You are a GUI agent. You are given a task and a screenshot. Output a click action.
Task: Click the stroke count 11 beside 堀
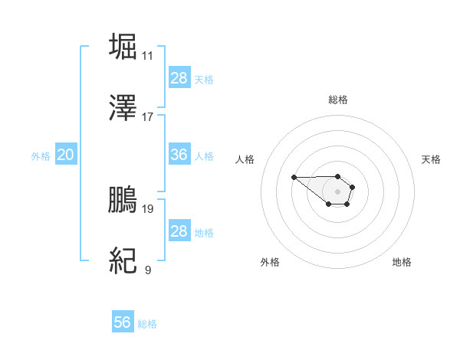coord(147,56)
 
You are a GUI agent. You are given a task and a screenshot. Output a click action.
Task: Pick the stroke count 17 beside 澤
coord(147,117)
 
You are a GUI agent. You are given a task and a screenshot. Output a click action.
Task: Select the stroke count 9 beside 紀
coord(147,270)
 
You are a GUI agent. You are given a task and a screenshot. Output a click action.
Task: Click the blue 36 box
coord(179,155)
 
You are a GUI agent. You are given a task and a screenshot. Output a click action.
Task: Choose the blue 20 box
coord(65,155)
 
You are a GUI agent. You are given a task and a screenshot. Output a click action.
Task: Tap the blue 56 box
coord(123,322)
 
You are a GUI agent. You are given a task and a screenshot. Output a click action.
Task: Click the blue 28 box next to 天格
coord(179,77)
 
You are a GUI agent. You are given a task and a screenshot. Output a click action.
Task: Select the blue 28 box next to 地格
coord(179,231)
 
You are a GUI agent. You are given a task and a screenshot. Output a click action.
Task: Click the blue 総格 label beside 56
coord(147,324)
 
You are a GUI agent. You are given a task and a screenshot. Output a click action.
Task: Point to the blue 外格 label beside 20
coord(41,156)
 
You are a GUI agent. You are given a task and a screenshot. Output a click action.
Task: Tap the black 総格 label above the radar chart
coord(338,100)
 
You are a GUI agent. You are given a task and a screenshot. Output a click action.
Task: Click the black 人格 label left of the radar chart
coord(245,159)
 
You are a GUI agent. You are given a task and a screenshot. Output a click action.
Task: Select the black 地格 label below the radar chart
coord(402,263)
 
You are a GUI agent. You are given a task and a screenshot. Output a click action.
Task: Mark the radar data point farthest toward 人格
coord(294,178)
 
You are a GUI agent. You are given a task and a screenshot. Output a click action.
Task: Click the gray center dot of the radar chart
coord(337,191)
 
